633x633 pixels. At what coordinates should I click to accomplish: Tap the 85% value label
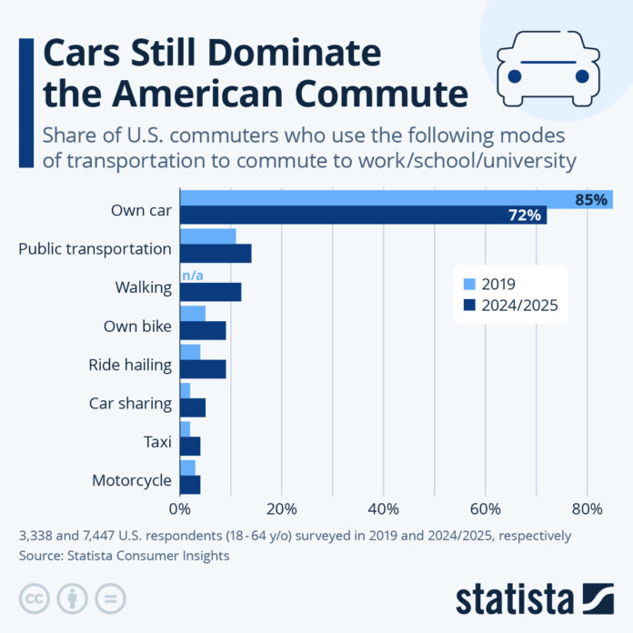pos(590,199)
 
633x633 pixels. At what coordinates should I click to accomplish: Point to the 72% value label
pos(525,216)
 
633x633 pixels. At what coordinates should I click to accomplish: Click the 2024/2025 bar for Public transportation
pos(216,254)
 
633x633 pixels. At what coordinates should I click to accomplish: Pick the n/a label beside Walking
pos(192,275)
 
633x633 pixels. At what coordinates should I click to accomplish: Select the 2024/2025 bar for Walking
pos(210,292)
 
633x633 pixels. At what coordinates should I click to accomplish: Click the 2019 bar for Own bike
pos(193,314)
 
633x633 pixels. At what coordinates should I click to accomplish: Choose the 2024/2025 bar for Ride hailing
pos(203,369)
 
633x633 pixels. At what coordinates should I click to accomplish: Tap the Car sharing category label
pos(130,403)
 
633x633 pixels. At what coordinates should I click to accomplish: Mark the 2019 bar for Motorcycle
pos(187,467)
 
